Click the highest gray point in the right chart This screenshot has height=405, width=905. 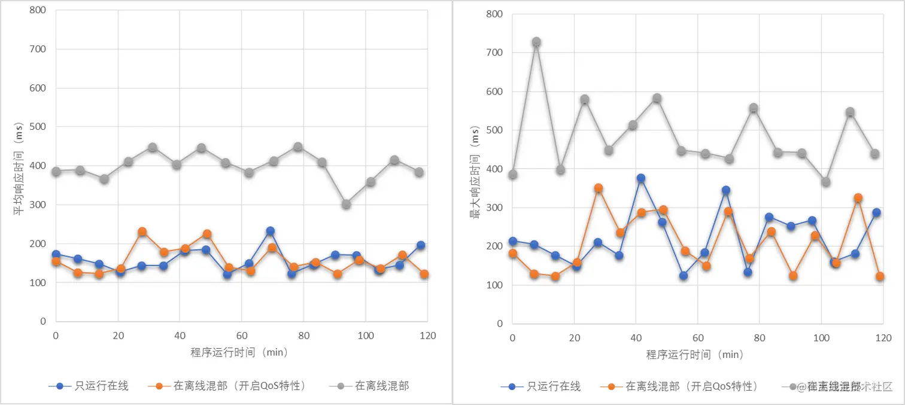click(536, 42)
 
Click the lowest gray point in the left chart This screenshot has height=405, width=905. click(346, 205)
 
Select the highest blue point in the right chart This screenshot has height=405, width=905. click(640, 178)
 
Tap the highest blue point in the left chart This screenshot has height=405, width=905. click(270, 231)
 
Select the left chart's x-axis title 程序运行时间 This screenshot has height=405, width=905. click(239, 352)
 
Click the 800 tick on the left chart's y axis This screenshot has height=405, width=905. click(39, 11)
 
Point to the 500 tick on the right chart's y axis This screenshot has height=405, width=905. click(495, 130)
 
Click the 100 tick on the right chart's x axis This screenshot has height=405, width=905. click(821, 338)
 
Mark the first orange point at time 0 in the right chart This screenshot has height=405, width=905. click(512, 254)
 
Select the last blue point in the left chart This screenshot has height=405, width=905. click(420, 245)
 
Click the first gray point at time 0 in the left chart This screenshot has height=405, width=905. click(56, 172)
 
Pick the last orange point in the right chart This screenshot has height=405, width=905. click(880, 276)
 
